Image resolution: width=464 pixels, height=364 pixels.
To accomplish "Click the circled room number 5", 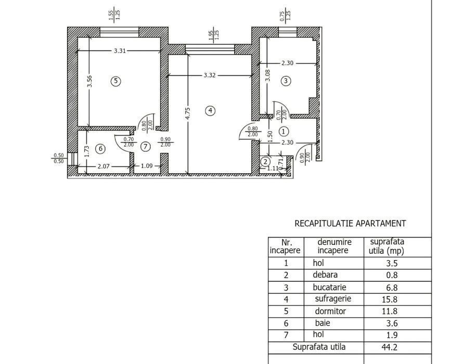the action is [115, 81].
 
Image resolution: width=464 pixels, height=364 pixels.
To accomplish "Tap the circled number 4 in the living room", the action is [210, 111].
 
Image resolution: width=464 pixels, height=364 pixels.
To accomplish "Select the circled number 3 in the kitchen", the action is [286, 81].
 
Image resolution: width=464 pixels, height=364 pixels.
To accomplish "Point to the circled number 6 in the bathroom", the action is [100, 148].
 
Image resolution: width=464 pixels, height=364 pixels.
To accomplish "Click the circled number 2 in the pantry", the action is [265, 162].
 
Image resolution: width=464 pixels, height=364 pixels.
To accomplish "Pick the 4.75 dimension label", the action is [187, 114].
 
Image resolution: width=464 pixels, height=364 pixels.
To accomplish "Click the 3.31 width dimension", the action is [120, 50].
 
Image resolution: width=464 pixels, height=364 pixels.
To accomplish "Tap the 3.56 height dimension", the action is [89, 82].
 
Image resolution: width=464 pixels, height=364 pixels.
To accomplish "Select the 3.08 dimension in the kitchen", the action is [267, 75].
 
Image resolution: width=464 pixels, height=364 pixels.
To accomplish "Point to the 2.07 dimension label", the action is [104, 166].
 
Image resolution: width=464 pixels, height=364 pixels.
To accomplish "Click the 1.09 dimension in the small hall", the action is [147, 166].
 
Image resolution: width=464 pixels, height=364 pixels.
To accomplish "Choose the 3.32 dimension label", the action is [210, 75].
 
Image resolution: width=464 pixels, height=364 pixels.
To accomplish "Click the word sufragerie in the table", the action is [333, 299].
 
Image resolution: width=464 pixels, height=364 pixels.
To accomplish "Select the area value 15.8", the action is [390, 300].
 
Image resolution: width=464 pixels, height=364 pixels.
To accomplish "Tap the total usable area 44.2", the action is [390, 347].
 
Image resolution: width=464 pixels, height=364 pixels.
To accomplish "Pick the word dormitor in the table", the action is [330, 311].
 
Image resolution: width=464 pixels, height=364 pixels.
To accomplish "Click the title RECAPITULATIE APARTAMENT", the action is [350, 224].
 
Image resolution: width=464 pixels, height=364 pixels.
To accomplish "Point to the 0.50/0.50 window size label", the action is [59, 158].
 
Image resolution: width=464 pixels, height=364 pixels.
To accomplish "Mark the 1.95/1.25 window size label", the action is [214, 35].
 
